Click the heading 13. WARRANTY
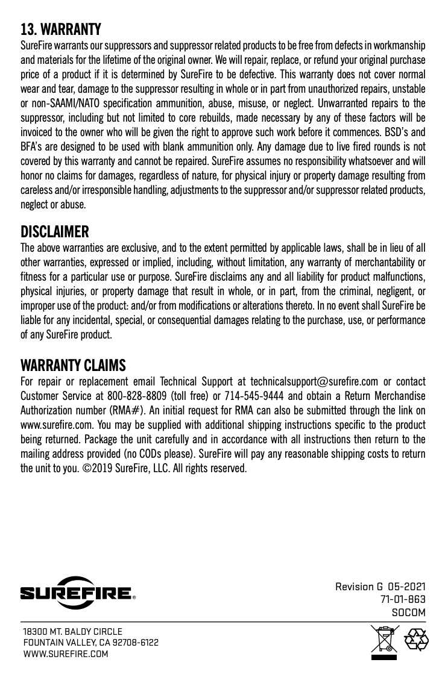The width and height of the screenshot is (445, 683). coord(61,29)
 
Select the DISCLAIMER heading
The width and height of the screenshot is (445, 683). coord(55,232)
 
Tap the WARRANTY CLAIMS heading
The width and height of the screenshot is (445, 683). coord(73,366)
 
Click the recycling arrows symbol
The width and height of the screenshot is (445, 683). coord(415,640)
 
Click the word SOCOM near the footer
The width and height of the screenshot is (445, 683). coord(409,613)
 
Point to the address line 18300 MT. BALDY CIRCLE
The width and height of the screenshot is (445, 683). coord(72,632)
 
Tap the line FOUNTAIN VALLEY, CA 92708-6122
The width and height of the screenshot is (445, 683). coord(90,643)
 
